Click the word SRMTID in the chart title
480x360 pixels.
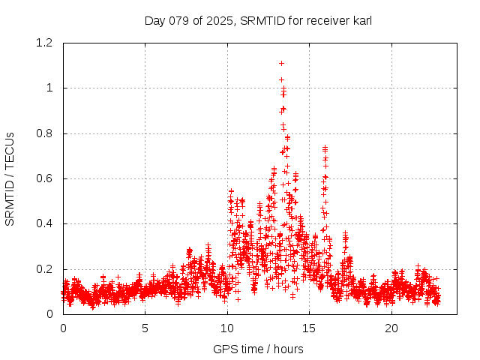262,21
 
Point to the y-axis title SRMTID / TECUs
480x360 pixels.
10,178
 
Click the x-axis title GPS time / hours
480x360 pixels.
258,349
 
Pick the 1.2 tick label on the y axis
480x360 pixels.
46,43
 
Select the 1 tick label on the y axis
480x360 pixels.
49,88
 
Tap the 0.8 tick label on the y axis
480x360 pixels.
46,133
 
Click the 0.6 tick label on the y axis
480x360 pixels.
46,178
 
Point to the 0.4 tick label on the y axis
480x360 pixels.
46,223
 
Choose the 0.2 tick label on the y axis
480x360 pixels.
46,269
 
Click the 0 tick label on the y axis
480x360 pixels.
49,314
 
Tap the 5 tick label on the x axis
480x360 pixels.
145,328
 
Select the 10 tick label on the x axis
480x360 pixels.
227,328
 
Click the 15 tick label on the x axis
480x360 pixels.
310,328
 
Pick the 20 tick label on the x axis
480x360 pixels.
391,328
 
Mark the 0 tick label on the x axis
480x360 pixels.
63,328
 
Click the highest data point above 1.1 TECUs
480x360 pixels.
281,64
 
